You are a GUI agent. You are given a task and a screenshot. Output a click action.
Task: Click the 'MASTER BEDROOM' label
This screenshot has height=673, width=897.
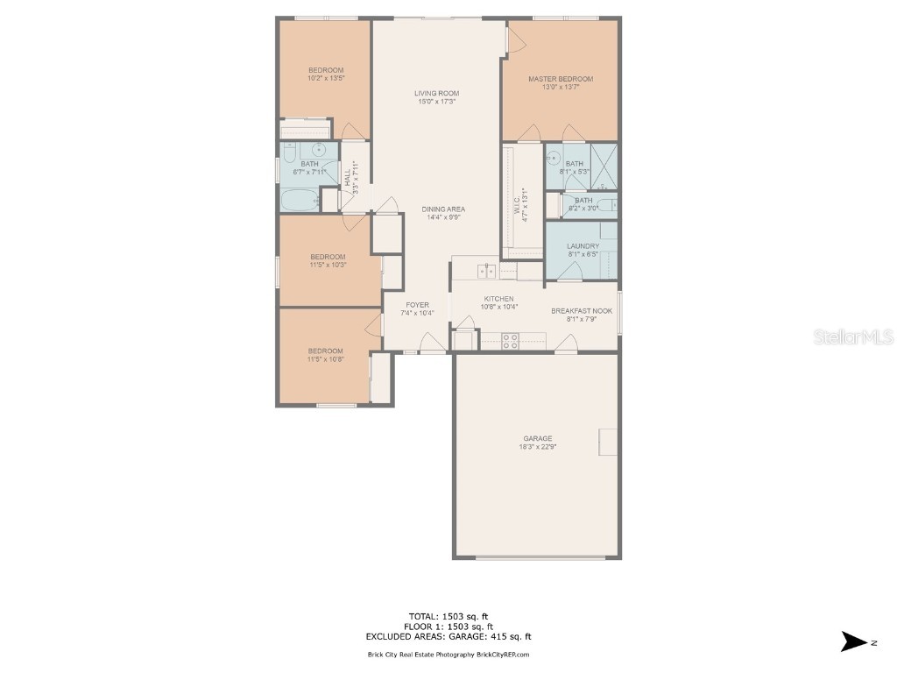(560, 79)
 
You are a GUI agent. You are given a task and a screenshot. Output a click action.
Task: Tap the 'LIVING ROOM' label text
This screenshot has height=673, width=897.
(436, 93)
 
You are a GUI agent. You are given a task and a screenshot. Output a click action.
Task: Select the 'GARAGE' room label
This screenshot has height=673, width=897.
(537, 438)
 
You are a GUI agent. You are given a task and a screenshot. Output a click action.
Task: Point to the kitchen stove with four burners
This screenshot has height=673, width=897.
(512, 342)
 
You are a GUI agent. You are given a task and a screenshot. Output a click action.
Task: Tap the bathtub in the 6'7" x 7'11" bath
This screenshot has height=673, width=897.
(299, 199)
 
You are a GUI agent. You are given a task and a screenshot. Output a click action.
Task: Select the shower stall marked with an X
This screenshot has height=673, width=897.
(603, 166)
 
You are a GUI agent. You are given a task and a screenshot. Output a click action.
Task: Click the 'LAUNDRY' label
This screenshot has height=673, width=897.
(582, 246)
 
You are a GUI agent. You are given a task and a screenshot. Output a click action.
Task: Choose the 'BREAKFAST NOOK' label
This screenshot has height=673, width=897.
(581, 311)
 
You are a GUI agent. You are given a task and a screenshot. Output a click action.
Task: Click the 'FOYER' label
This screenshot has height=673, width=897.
(417, 305)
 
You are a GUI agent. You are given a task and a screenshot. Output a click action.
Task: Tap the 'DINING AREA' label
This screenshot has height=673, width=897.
(443, 209)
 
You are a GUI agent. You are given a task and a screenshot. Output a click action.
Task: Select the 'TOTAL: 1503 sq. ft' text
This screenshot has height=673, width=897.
(448, 615)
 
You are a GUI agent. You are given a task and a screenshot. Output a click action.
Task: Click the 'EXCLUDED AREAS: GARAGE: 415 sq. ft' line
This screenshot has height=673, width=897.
(448, 637)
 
